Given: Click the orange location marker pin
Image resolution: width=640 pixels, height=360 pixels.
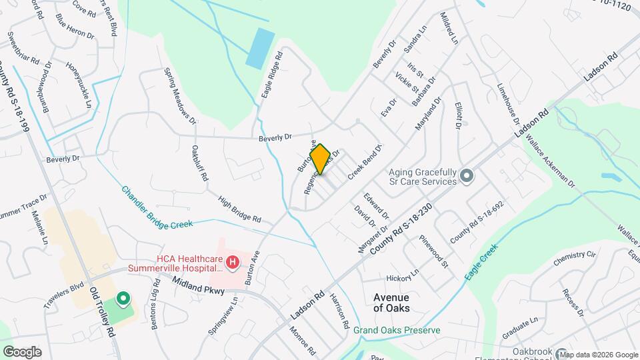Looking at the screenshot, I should pyautogui.click(x=320, y=159).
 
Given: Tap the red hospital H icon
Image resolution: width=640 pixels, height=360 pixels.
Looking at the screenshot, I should pyautogui.click(x=233, y=263).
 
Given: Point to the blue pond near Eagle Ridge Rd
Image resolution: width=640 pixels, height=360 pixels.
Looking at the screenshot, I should pyautogui.click(x=260, y=48).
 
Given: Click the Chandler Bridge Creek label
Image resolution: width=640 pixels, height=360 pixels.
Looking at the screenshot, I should pyautogui.click(x=156, y=207).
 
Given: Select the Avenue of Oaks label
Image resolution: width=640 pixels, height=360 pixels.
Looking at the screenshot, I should pyautogui.click(x=391, y=302).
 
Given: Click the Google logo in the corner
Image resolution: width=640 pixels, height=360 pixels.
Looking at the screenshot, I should pyautogui.click(x=22, y=351).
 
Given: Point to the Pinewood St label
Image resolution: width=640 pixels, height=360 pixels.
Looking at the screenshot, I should pyautogui.click(x=434, y=252).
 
